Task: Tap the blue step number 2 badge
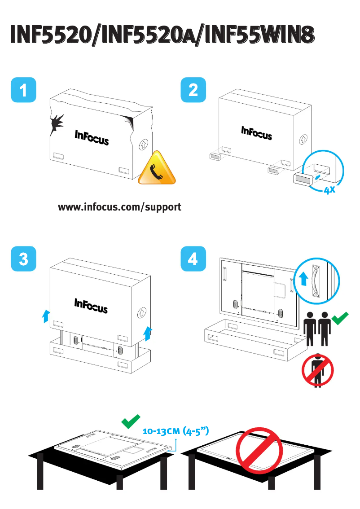pos(193,90)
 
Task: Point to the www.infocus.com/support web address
pos(119,207)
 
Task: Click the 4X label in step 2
pos(330,190)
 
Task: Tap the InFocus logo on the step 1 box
pos(91,138)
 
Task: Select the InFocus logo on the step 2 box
pos(256,132)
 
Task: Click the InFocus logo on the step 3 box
pos(91,306)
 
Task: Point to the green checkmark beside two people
pos(340,319)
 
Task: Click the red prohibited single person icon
pos(318,370)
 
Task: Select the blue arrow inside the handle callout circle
pos(304,278)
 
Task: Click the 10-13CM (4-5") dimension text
pos(176,431)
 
